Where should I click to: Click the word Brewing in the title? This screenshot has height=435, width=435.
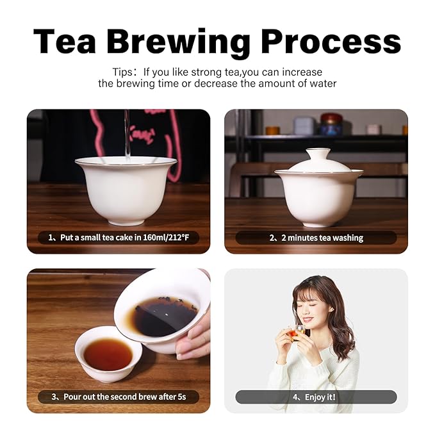click(178, 42)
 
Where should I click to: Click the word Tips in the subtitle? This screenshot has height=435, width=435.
click(122, 72)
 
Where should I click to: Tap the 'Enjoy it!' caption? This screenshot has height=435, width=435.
click(320, 397)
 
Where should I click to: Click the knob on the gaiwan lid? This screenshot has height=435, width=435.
click(319, 152)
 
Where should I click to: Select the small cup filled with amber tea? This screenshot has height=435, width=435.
click(108, 354)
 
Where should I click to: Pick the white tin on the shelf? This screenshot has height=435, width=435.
click(304, 126)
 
